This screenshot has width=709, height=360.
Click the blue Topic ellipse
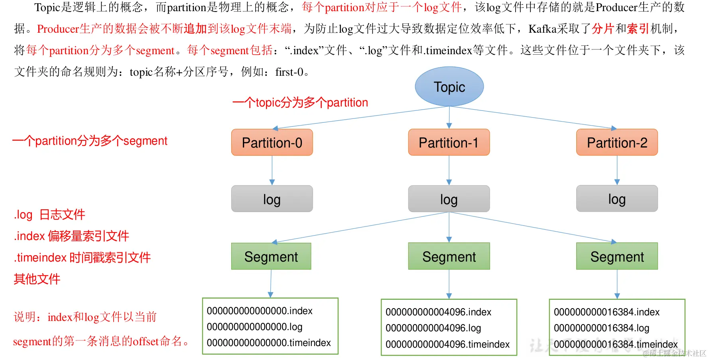[x=449, y=87]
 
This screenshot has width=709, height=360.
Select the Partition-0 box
[x=272, y=142]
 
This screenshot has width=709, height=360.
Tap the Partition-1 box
[x=449, y=142]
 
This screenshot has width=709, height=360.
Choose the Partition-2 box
[x=617, y=142]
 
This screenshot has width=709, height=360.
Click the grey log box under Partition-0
[x=272, y=199]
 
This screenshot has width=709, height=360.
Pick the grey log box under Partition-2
[x=617, y=199]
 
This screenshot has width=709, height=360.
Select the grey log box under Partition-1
[x=449, y=199]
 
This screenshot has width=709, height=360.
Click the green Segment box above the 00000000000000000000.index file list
[x=271, y=256]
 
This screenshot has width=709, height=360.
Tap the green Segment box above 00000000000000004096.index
[x=449, y=256]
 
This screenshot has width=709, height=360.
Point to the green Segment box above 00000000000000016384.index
[x=617, y=256]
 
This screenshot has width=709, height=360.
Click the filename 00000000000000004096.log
[x=433, y=328]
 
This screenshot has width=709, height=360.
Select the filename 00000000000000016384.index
[x=607, y=312]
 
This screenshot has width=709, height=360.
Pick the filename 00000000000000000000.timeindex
[x=269, y=343]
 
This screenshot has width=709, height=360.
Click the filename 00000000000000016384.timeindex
[x=616, y=344]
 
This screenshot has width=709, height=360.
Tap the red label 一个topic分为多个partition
[x=300, y=103]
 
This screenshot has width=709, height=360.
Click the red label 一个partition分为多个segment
[x=90, y=141]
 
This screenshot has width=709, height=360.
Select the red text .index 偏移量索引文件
[x=71, y=236]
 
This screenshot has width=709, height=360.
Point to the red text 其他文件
[x=37, y=279]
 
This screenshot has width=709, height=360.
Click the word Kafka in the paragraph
[x=542, y=29]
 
